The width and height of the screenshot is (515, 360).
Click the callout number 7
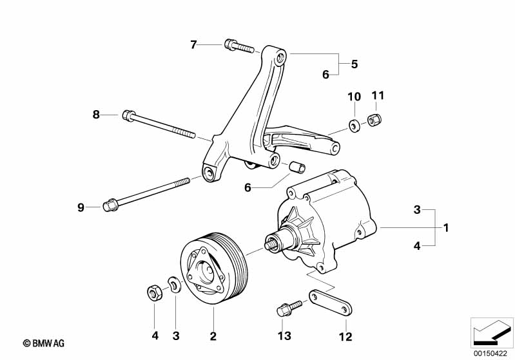coord(193,44)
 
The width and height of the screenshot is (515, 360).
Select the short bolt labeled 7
coord(239,46)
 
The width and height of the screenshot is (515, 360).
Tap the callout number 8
coord(96,115)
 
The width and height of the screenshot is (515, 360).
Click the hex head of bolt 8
coord(128,115)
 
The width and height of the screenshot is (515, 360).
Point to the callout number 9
coord(81,207)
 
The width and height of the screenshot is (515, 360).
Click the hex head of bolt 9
coord(110,205)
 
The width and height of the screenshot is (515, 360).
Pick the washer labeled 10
coord(354,126)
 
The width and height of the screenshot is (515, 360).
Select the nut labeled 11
coord(374,120)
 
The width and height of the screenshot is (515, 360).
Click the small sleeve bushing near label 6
coord(297,167)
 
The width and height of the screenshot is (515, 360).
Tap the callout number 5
coord(354,64)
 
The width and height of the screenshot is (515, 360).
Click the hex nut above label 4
coord(153,292)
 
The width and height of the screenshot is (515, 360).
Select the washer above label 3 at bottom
coord(175,284)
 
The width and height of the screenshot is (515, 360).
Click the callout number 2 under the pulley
coord(213,336)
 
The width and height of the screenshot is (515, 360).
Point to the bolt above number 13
coord(289,308)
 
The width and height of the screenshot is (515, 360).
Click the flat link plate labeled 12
coord(331,302)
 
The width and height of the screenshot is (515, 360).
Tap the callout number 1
coord(445,227)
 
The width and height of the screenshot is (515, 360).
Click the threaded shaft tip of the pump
coord(270,245)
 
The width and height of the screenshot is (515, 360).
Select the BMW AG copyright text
coord(44,343)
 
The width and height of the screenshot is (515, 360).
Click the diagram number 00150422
coord(491,354)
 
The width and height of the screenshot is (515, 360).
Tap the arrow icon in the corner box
coord(492,332)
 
